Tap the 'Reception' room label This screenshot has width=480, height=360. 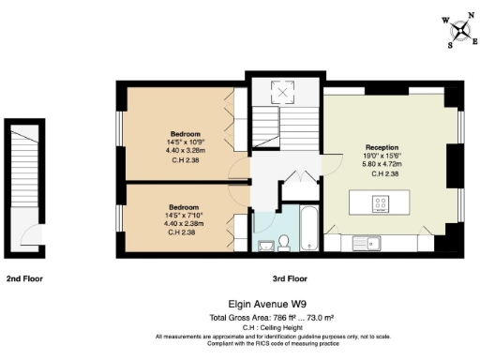tap(382, 148)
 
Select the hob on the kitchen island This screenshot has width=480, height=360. tap(382, 201)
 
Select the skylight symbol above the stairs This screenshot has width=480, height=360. tap(282, 92)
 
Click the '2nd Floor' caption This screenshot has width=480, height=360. tap(24, 278)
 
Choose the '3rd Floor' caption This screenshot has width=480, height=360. tap(290, 278)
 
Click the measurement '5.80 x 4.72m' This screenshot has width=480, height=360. tap(382, 165)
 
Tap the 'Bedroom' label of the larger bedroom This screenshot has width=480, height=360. tap(184, 131)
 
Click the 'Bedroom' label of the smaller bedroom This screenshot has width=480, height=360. tap(184, 206)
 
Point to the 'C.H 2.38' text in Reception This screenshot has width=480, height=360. tap(382, 174)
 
